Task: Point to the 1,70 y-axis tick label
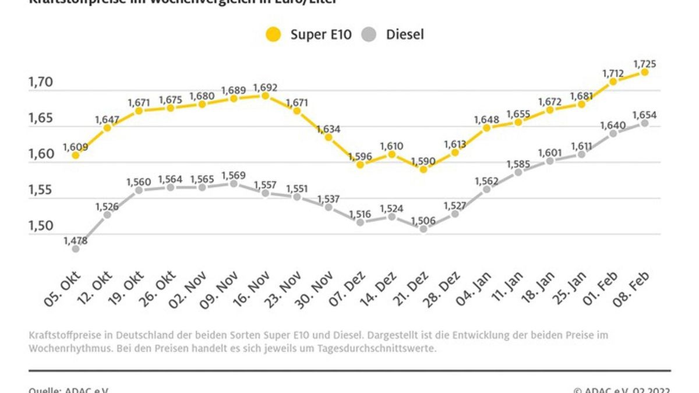click(41, 83)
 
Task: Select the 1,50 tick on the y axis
click(41, 226)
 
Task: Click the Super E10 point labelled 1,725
click(645, 72)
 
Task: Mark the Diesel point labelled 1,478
click(75, 249)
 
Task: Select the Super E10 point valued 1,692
click(265, 95)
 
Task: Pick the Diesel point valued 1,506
click(423, 229)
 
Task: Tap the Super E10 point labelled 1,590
click(423, 169)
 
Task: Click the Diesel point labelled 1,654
click(645, 123)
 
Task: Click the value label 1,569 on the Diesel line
click(234, 175)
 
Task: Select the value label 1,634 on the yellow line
click(329, 129)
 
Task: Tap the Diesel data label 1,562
click(487, 180)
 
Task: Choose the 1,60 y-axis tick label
click(41, 155)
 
